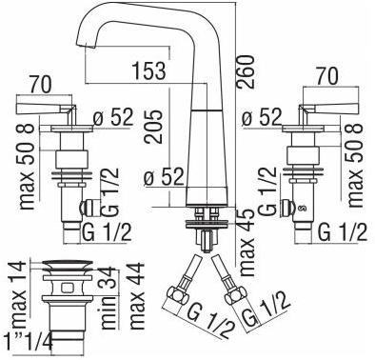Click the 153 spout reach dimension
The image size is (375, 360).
(x=147, y=71)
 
